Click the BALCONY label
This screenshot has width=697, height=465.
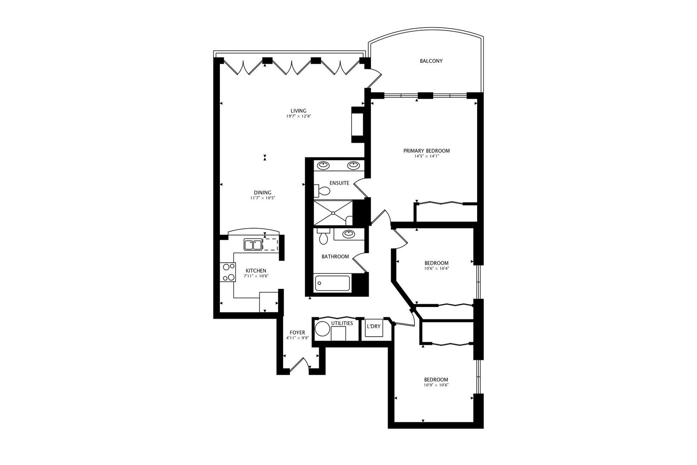(x=431, y=61)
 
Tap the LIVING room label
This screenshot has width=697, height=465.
(x=298, y=111)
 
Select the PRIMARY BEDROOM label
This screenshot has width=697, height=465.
(x=426, y=151)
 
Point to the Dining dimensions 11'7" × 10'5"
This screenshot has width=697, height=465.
(x=262, y=198)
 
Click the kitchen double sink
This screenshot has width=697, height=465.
(x=253, y=245)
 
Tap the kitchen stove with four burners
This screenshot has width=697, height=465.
(x=228, y=272)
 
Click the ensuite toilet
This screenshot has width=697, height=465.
(x=319, y=190)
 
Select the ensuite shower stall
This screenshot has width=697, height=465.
(x=333, y=213)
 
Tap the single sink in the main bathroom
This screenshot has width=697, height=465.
(x=348, y=234)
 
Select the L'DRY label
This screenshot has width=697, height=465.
(x=373, y=326)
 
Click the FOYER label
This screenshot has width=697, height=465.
(x=297, y=332)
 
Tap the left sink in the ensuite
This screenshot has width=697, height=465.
(x=324, y=164)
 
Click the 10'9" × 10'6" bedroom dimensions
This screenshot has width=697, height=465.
(x=436, y=385)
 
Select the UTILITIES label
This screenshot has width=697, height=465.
(x=342, y=323)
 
